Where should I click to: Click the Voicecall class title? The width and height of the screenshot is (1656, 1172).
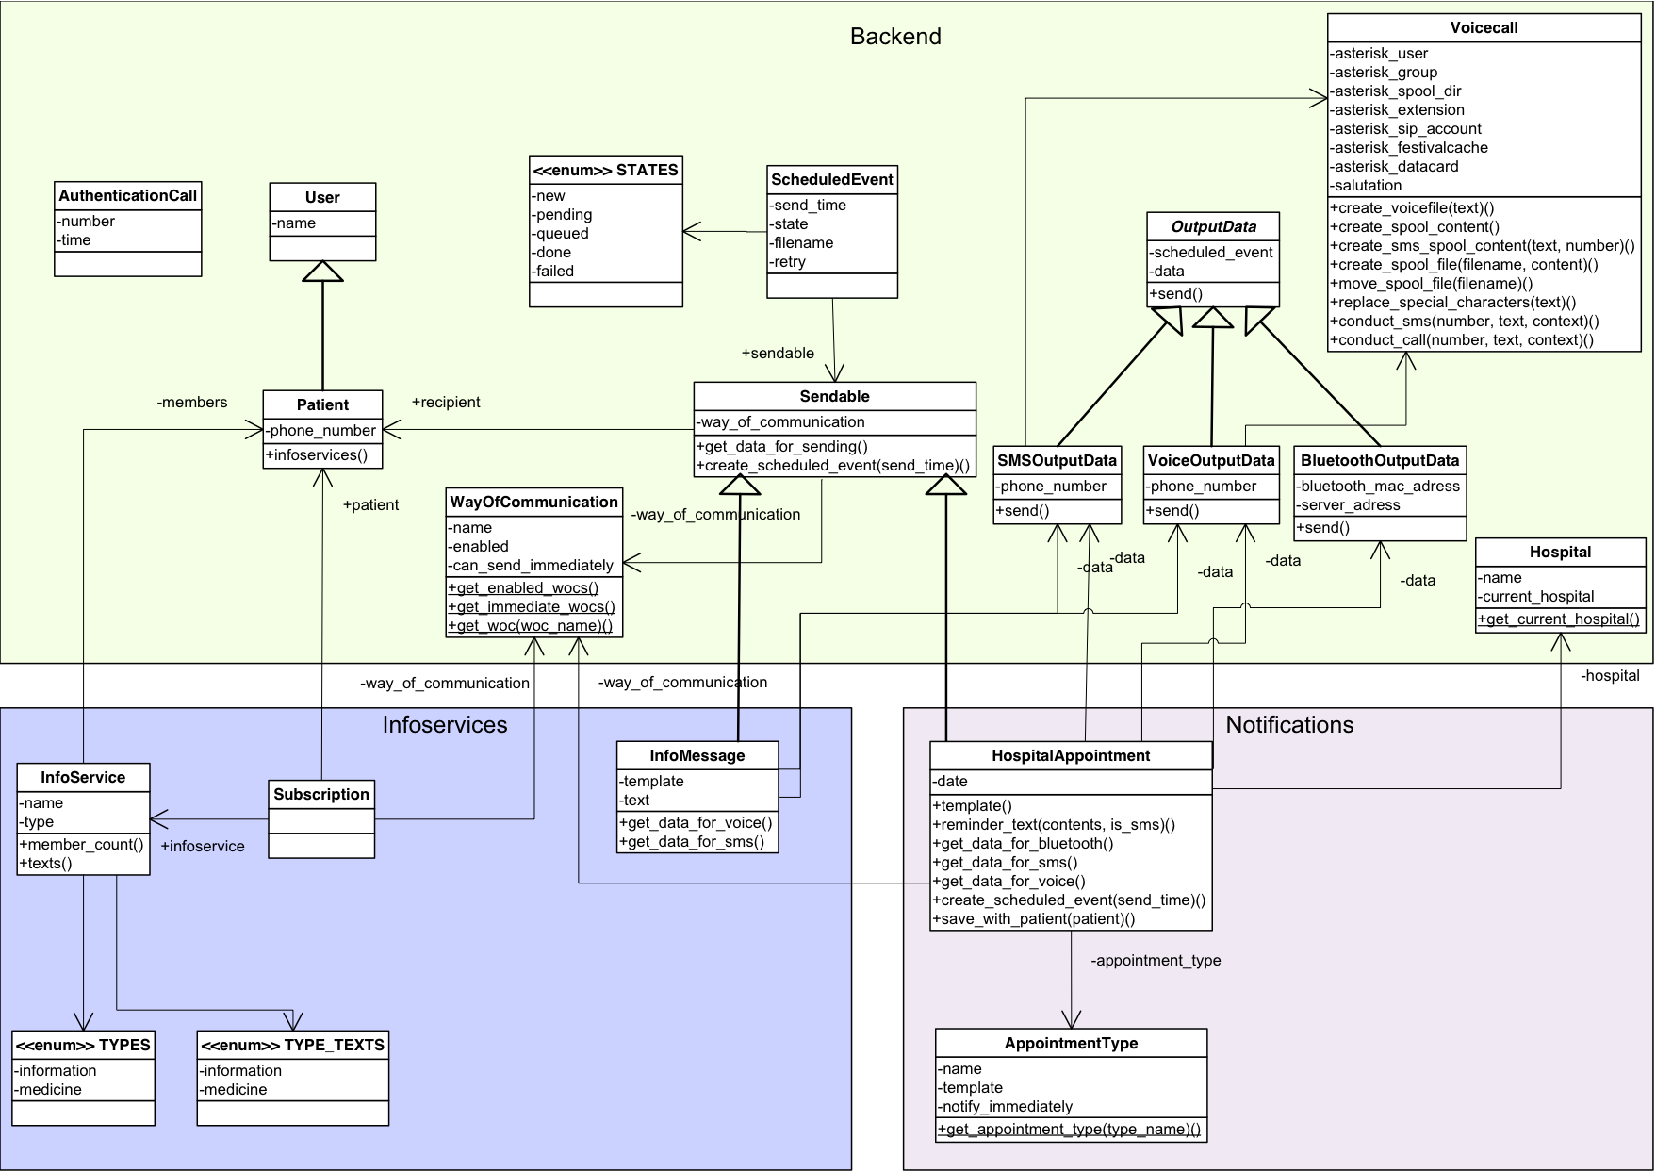pos(1484,28)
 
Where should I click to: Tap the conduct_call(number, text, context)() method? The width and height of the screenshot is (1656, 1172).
pos(1461,340)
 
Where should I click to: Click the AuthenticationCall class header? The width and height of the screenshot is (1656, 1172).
pos(128,196)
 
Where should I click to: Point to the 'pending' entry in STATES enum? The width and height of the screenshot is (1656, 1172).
pos(563,215)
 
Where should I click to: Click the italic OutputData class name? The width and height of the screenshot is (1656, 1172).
pos(1213,227)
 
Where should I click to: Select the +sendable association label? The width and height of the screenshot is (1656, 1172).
pos(778,354)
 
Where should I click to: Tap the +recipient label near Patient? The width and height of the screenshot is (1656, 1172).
pos(446,403)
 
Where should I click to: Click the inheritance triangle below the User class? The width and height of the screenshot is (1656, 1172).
pos(322,272)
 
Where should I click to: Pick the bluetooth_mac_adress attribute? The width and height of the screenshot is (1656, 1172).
pos(1379,487)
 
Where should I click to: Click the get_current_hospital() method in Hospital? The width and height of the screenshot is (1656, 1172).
pos(1559,619)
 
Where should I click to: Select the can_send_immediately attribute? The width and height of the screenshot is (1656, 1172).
pos(532,566)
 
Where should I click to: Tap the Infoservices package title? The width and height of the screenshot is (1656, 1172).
pos(445,725)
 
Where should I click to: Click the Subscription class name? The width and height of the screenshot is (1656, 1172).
pos(321,795)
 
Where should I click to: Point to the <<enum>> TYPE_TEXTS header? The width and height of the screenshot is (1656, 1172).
pos(293,1046)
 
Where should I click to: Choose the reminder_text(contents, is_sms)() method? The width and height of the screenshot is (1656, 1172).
pos(1054,825)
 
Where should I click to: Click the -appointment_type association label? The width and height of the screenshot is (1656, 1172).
pos(1156,961)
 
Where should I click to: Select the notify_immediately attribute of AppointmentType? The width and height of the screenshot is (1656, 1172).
pos(1006,1107)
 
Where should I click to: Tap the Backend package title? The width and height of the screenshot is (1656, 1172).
pos(895,37)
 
